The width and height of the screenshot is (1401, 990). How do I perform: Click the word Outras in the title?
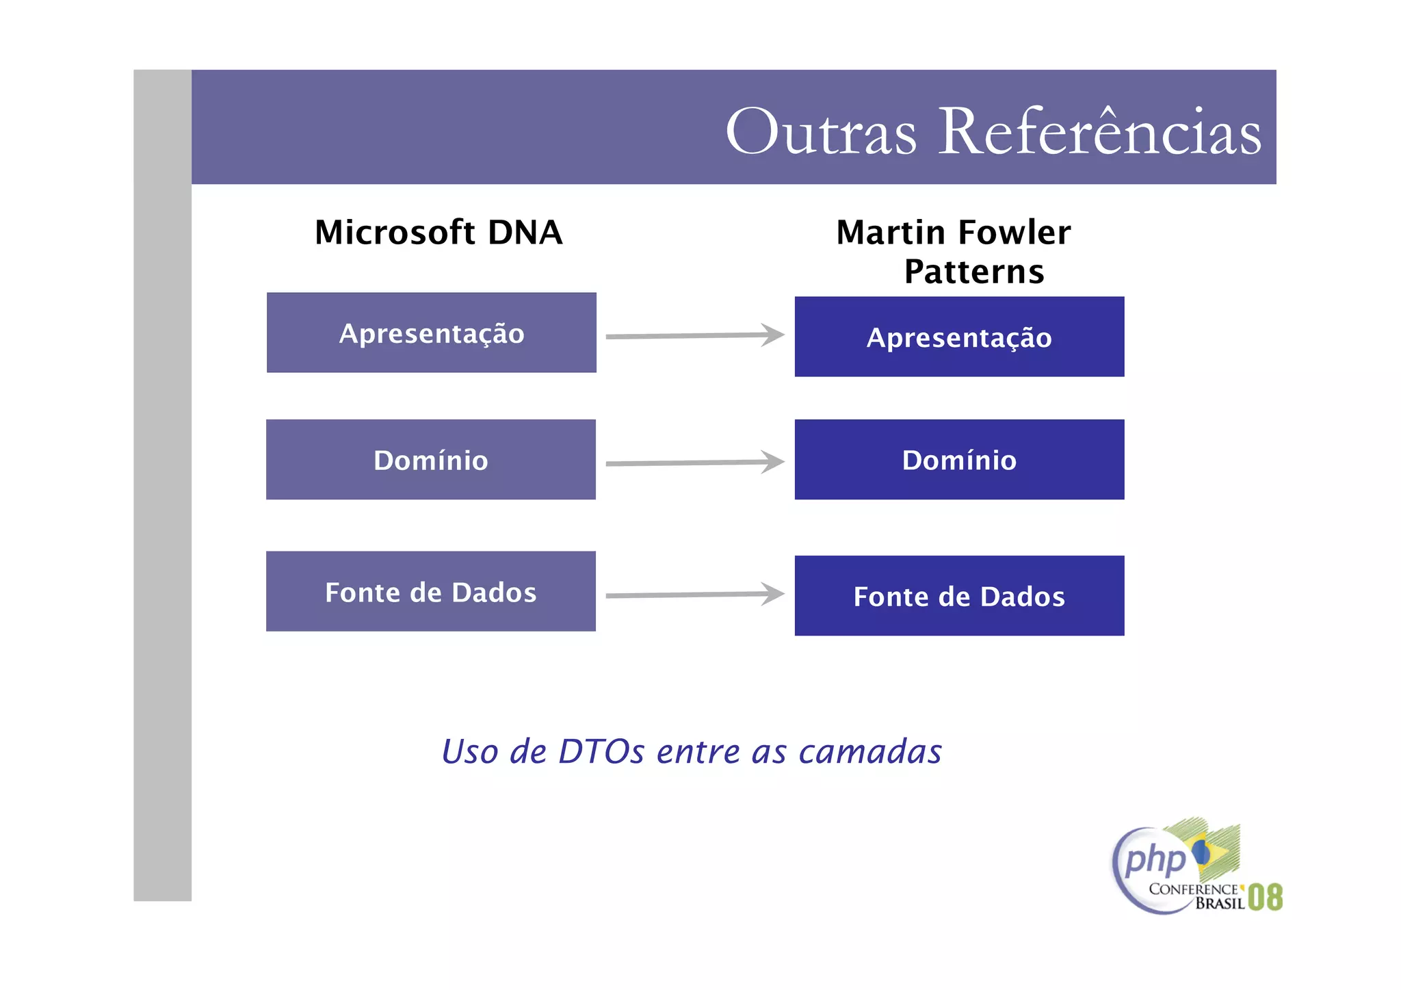coord(821,132)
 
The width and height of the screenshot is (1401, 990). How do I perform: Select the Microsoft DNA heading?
coord(438,233)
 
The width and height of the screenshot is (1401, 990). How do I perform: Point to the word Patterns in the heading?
coord(974,272)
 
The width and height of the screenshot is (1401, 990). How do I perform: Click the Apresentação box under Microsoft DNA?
coord(431,333)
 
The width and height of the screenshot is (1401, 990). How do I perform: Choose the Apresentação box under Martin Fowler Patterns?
coord(959,337)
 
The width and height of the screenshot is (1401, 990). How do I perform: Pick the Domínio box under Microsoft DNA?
coord(431,460)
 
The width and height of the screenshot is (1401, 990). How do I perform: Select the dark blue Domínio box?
coord(959,460)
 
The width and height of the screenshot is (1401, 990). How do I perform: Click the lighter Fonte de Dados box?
coord(431,592)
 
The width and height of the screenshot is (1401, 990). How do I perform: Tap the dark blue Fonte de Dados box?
coord(959,596)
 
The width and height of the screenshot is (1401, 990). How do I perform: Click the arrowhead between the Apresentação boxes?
coord(773,335)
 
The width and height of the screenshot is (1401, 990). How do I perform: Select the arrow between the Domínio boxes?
coord(694,463)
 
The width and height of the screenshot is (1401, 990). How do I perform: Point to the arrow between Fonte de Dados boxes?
coord(694,595)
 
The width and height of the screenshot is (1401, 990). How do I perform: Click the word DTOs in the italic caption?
coord(601,752)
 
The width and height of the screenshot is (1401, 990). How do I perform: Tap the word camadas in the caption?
coord(870,752)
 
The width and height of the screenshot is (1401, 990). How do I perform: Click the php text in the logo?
coord(1155,859)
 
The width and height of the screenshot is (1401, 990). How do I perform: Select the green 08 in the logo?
coord(1265,897)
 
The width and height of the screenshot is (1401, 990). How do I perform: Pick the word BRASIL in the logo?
coord(1220,904)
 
